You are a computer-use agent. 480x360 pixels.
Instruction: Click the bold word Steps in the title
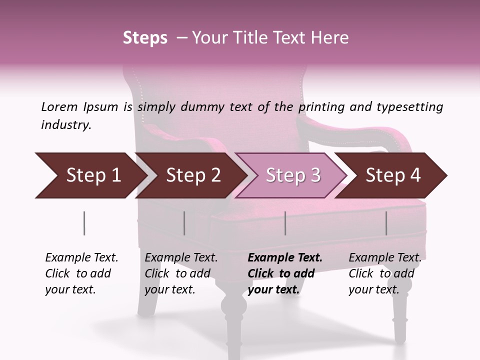pyautogui.click(x=145, y=38)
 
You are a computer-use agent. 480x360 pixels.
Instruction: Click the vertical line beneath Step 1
pyautogui.click(x=84, y=223)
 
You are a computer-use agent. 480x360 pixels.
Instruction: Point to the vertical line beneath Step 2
pyautogui.click(x=184, y=223)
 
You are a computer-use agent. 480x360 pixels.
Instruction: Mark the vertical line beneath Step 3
pyautogui.click(x=285, y=223)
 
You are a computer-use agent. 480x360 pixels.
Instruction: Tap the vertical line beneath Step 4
pyautogui.click(x=386, y=223)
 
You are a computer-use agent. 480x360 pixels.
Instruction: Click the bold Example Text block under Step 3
pyautogui.click(x=285, y=273)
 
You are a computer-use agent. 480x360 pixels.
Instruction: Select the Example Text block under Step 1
pyautogui.click(x=81, y=273)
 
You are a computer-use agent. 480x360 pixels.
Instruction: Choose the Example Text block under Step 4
pyautogui.click(x=384, y=273)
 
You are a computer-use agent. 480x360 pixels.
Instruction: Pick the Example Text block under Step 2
pyautogui.click(x=181, y=273)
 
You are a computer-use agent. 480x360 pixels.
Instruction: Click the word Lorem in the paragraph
pyautogui.click(x=59, y=107)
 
